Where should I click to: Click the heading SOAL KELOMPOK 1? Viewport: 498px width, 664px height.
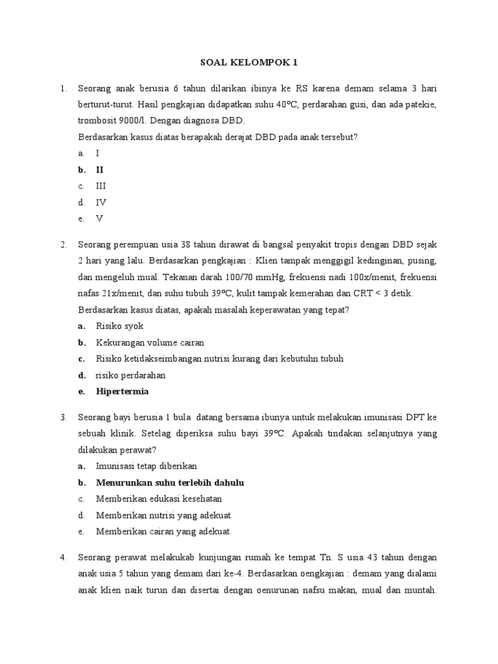point(248,63)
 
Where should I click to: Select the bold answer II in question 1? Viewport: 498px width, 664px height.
point(100,170)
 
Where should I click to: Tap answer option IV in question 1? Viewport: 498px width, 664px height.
point(101,202)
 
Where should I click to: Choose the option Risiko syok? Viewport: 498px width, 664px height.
point(119,326)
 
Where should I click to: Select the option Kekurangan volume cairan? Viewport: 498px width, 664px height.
point(150,342)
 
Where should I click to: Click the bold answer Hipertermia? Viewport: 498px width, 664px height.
point(122,392)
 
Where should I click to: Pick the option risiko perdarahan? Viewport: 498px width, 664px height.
point(130,375)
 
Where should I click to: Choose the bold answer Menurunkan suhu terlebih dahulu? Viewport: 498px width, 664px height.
point(170,483)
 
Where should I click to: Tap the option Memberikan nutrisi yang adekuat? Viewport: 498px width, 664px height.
point(163,516)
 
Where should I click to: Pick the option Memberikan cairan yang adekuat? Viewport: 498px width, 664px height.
point(162,532)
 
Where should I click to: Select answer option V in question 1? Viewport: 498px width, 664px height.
point(100,219)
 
